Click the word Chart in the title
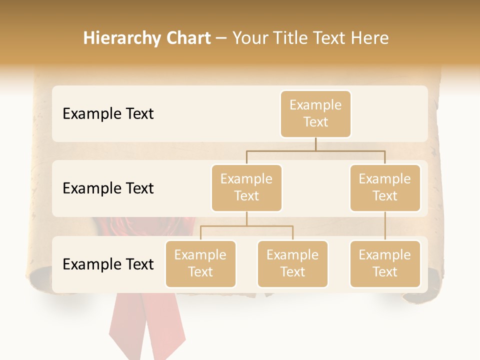pos(189,38)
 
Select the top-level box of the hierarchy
pos(315,113)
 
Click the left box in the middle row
pos(246,187)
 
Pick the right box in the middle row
pos(385,187)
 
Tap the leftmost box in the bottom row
pos(200,263)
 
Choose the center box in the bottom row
pos(292,263)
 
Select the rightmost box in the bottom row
pos(385,263)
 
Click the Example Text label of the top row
pos(108,114)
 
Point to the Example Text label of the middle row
pos(108,188)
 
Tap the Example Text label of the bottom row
pos(108,264)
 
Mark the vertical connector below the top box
pos(315,144)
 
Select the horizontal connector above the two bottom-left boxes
pos(246,226)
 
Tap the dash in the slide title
pos(221,38)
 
